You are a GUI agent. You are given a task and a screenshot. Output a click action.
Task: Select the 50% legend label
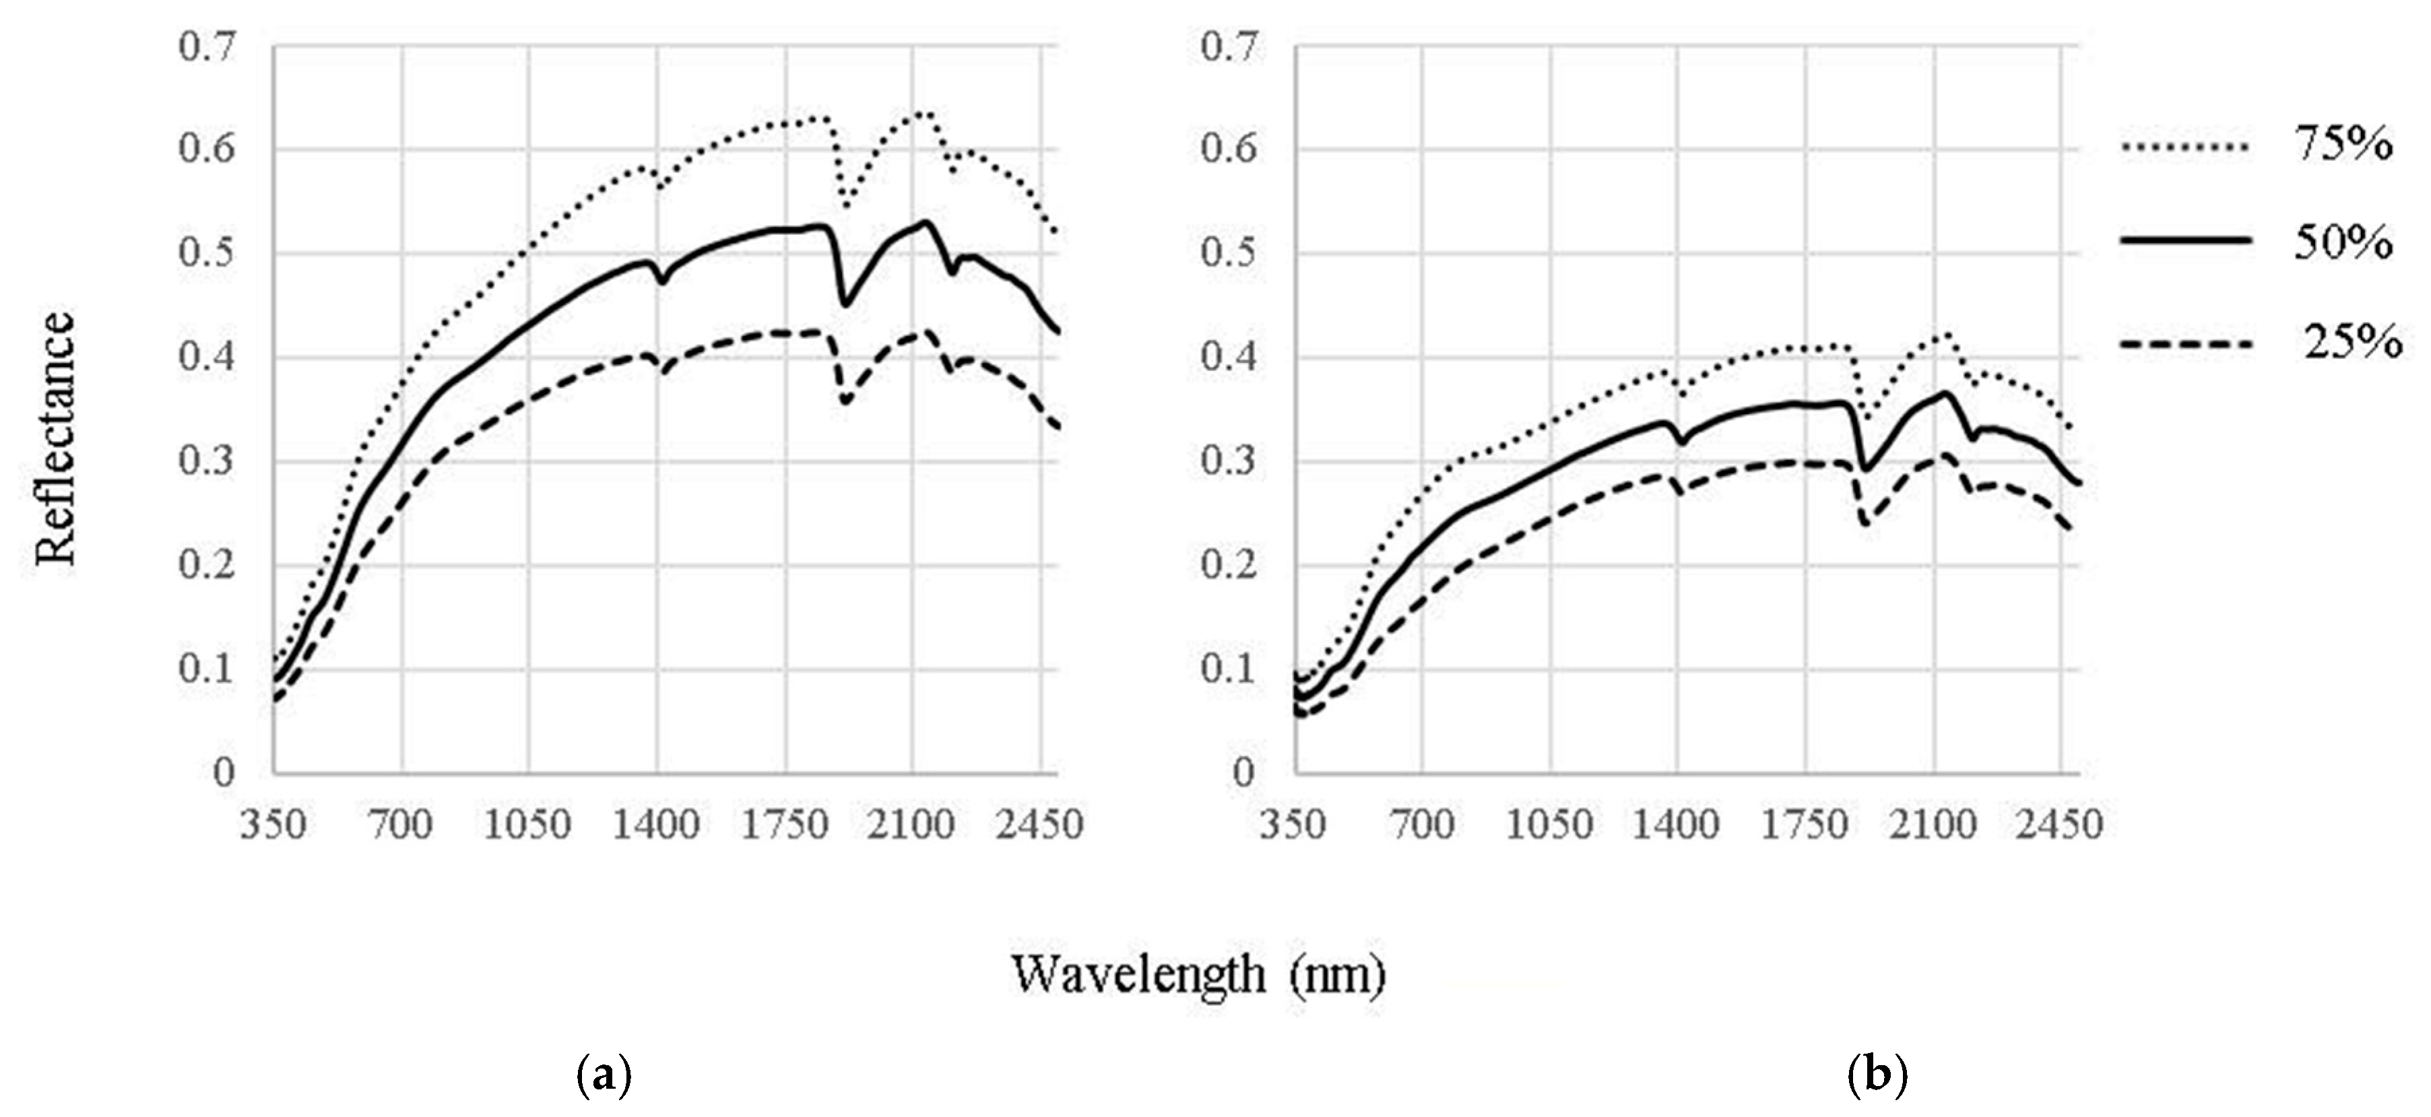pyautogui.click(x=2343, y=244)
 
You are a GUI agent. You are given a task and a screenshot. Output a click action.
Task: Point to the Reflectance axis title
pyautogui.click(x=55, y=439)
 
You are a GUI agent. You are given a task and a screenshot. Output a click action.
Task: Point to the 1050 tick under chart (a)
pyautogui.click(x=529, y=825)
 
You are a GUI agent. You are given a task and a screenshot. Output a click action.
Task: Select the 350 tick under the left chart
pyautogui.click(x=273, y=825)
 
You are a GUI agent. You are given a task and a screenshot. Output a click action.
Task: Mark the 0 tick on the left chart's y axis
pyautogui.click(x=224, y=774)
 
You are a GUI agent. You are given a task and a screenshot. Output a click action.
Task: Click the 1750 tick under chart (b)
pyautogui.click(x=1805, y=825)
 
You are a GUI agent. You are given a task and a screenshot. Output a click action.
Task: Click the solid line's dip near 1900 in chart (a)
pyautogui.click(x=845, y=304)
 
